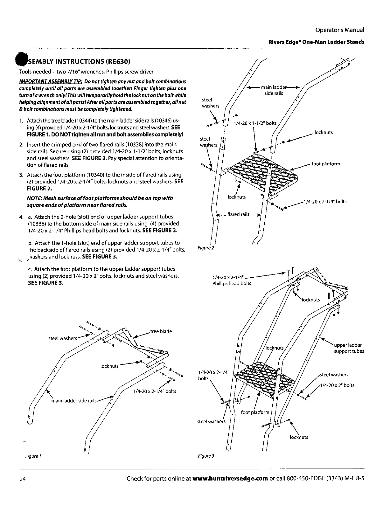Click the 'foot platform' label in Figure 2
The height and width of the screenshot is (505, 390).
pos(326,164)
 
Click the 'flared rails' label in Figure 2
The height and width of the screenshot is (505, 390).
pos(238,214)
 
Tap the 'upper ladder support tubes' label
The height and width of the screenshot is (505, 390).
pos(349,348)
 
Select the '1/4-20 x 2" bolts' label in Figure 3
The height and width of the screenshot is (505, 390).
pos(337,385)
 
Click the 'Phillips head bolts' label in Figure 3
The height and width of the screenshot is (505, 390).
pos(232,283)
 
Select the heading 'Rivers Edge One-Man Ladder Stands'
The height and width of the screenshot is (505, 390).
pos(316,42)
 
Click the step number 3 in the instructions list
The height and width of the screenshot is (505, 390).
pos(21,175)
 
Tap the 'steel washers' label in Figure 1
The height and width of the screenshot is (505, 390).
pos(62,338)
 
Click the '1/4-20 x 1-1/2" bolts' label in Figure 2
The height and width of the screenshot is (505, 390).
pos(255,123)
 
